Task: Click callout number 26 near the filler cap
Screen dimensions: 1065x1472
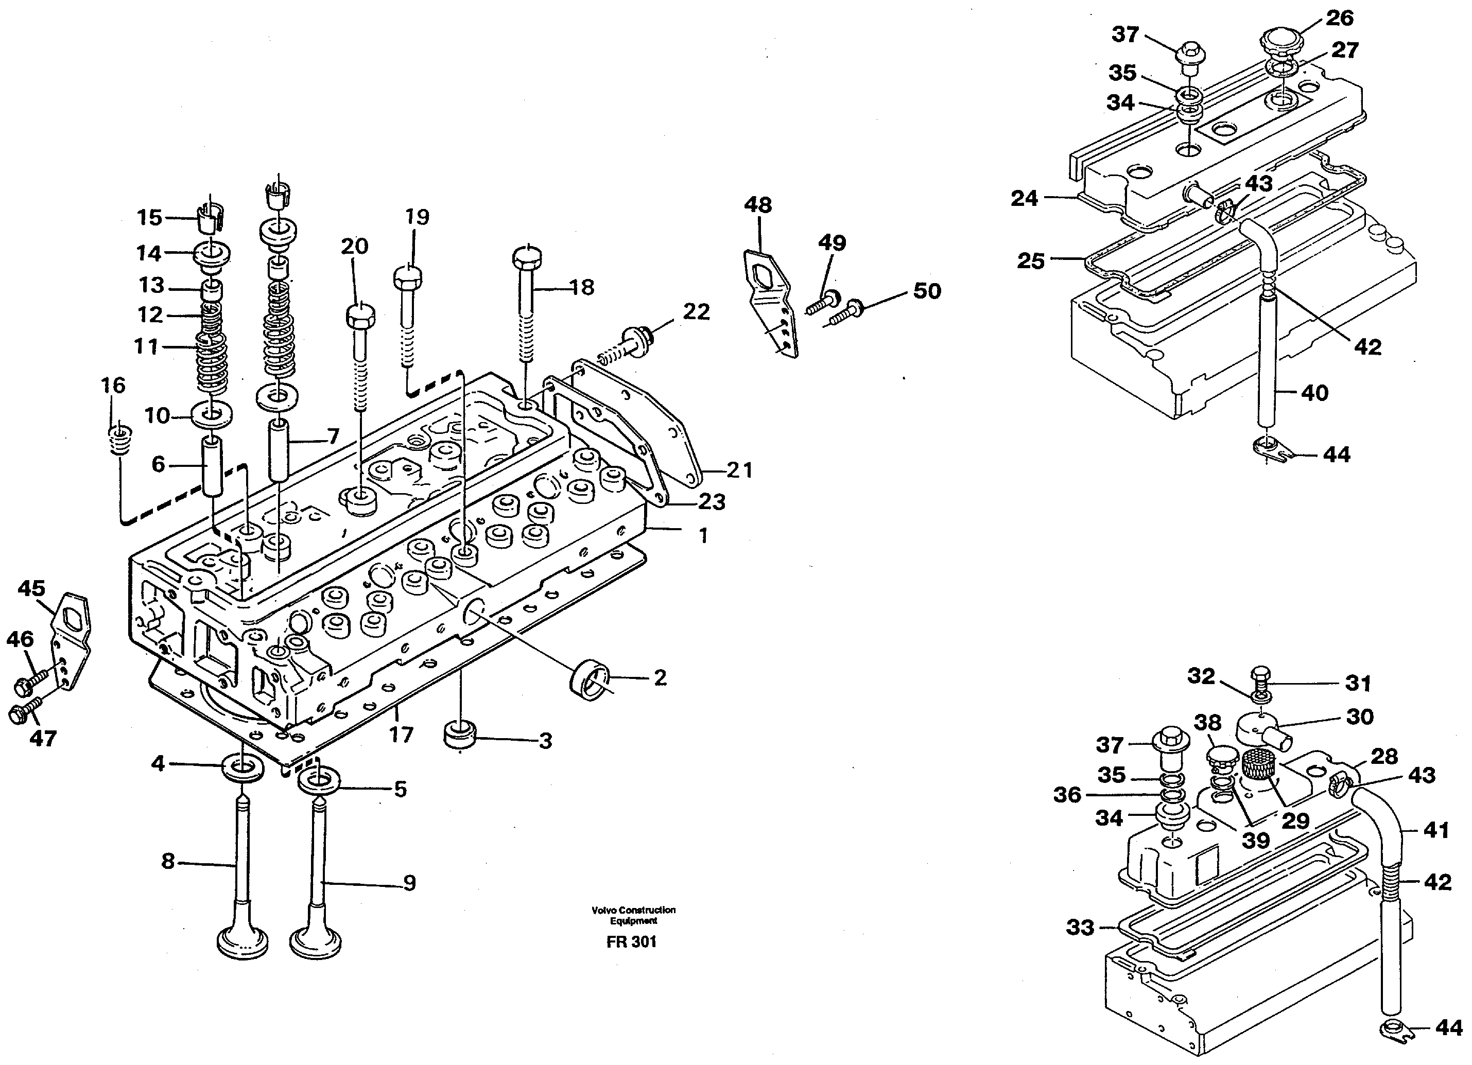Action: click(1339, 18)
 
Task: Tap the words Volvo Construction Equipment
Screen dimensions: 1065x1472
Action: click(633, 915)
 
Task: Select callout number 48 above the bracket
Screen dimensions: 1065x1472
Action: click(757, 205)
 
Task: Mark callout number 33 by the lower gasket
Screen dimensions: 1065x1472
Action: click(1080, 927)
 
